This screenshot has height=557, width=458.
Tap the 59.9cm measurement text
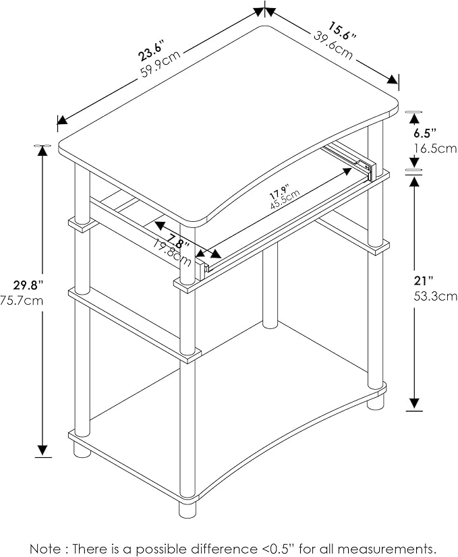161,64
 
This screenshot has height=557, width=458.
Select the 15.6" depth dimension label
342,30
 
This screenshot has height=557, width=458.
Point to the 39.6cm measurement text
333,45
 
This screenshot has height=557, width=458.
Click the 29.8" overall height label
28,285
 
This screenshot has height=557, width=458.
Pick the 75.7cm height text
22,301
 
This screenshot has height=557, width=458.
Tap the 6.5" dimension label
424,134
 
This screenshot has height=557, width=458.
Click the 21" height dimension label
424,281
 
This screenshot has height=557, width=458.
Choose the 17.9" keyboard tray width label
279,192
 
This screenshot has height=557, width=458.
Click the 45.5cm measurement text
285,200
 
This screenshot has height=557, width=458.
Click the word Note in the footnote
45,548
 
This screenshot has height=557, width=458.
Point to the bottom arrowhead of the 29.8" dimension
42,450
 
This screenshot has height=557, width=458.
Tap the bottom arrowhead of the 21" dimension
414,404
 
